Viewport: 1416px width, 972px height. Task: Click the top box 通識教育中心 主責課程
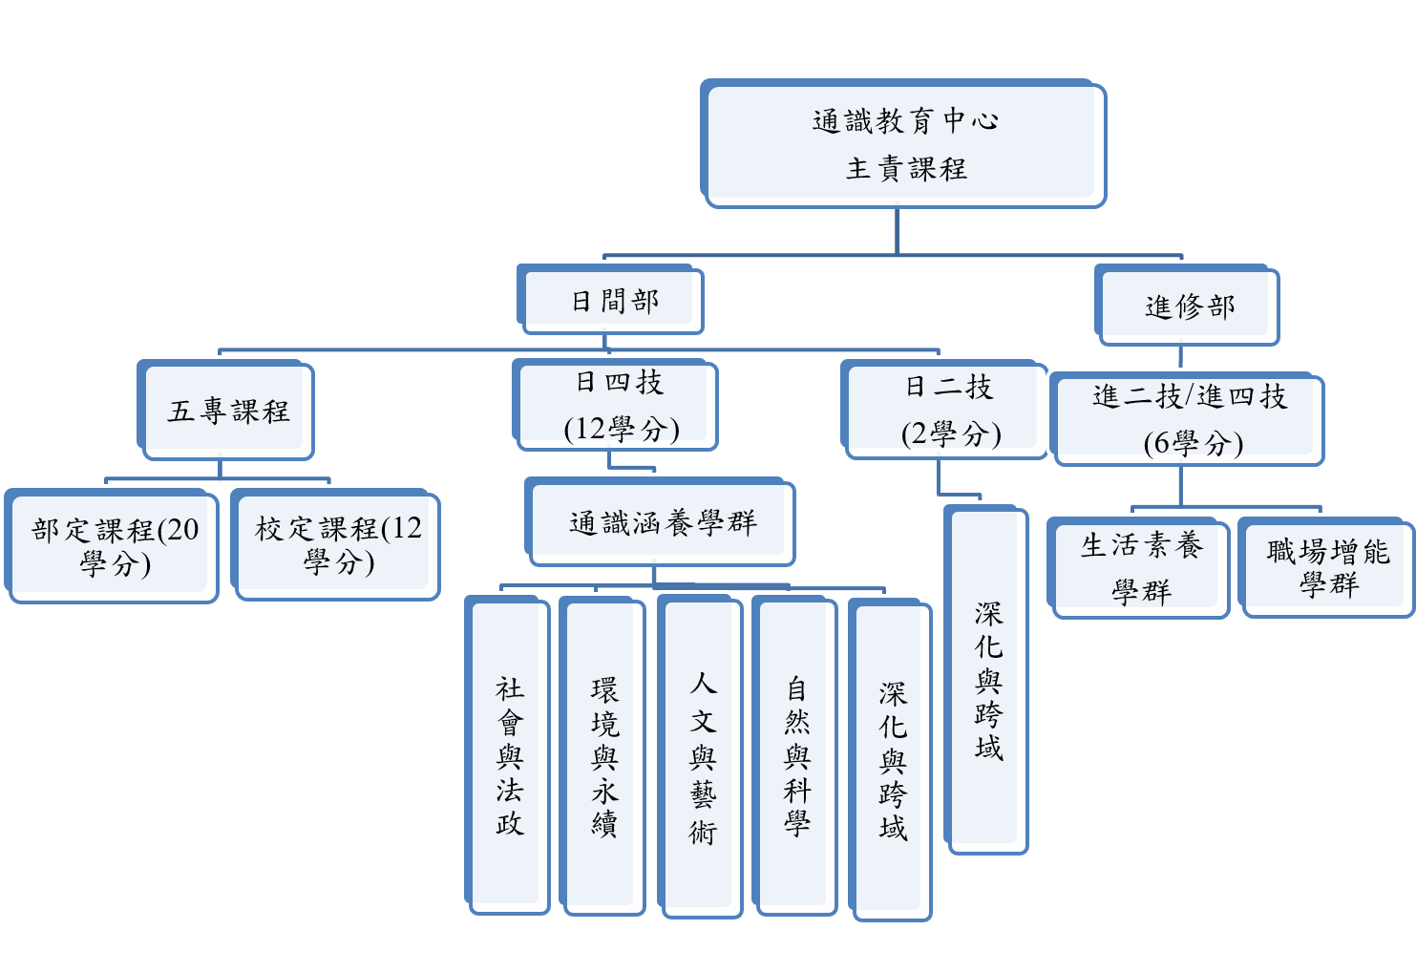[x=902, y=143]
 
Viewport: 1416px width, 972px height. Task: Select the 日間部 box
[x=611, y=301]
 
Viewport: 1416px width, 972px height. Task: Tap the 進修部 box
[x=1186, y=306]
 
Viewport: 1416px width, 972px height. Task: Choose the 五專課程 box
[x=226, y=411]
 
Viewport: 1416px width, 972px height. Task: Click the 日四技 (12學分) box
[x=616, y=405]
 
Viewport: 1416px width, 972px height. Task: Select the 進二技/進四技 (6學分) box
[x=1188, y=420]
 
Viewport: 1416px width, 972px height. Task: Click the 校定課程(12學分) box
[x=336, y=545]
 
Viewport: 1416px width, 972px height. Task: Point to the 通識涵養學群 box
[x=660, y=522]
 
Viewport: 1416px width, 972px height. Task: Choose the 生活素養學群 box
[x=1138, y=568]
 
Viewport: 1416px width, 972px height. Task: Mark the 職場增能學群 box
[x=1325, y=566]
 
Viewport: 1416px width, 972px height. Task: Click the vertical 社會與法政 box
[x=508, y=754]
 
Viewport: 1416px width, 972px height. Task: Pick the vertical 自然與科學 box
[x=794, y=754]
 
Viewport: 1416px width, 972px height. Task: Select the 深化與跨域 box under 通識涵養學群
[x=891, y=760]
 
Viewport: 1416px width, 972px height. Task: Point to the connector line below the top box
[x=897, y=232]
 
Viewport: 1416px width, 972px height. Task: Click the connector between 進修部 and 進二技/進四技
[x=1181, y=358]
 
